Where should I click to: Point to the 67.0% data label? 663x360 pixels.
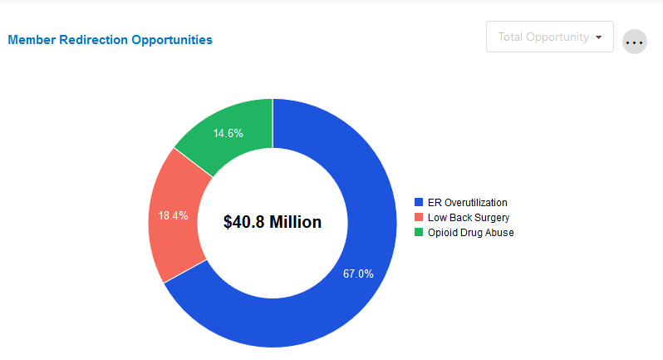358,274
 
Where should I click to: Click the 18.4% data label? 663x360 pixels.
173,215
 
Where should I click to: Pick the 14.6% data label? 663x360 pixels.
228,133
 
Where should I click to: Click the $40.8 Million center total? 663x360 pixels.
273,222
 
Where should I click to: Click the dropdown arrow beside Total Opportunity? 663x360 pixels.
598,37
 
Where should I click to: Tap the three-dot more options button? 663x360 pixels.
635,42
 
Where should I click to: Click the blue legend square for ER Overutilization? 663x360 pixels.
419,202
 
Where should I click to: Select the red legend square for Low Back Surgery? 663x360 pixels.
419,217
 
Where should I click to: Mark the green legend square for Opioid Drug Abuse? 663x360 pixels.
419,232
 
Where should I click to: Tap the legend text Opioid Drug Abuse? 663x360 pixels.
470,233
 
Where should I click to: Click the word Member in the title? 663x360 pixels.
32,39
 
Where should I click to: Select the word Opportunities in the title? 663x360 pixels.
172,39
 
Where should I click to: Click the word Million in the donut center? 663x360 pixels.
296,222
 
